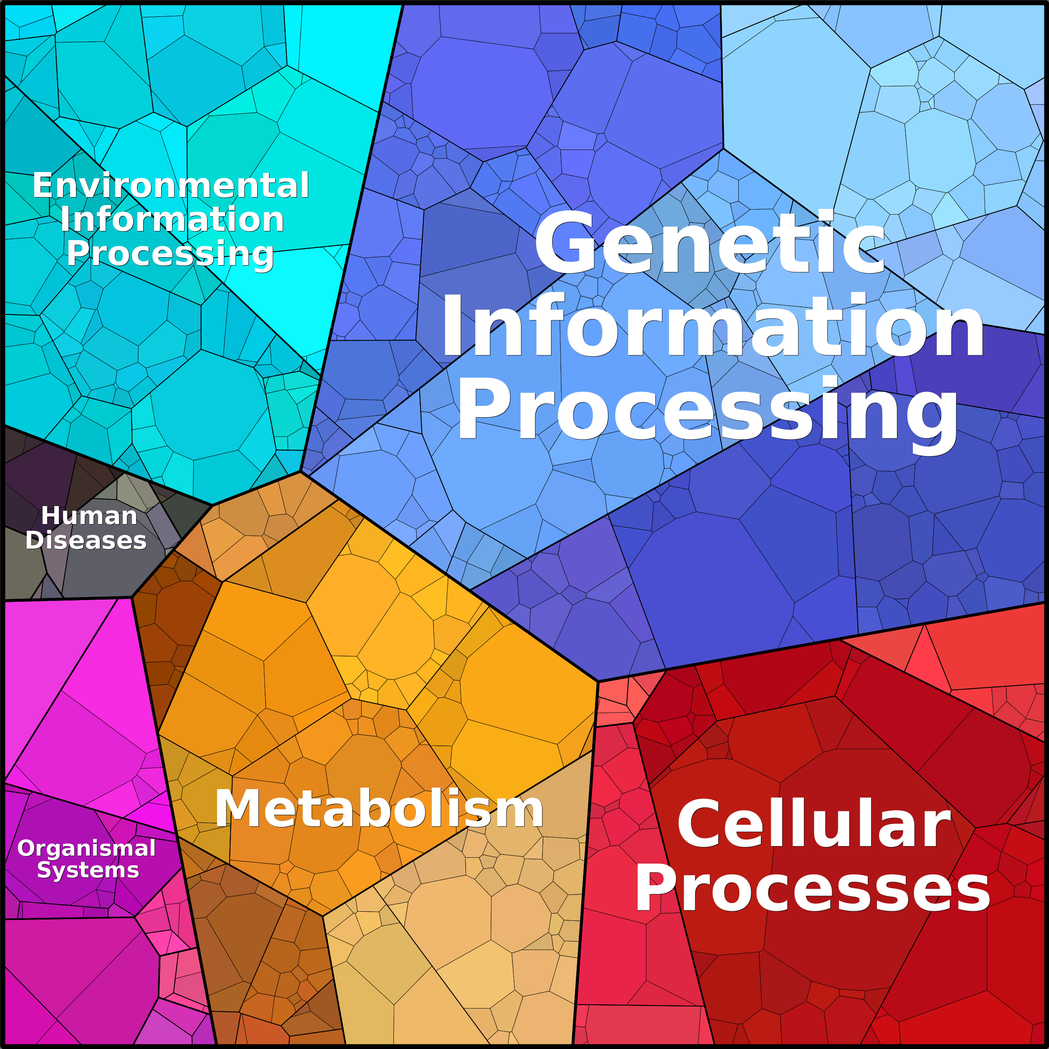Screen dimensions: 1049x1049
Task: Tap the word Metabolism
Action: (379, 809)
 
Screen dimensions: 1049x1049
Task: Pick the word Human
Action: (89, 516)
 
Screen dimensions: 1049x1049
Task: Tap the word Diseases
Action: (86, 540)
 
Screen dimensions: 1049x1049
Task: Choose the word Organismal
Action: (87, 849)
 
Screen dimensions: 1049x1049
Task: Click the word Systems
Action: (88, 870)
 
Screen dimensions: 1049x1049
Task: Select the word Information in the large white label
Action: (712, 326)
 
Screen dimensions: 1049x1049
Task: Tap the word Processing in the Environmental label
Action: (170, 253)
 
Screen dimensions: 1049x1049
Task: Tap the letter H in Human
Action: (51, 516)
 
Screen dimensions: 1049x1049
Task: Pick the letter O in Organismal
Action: (27, 849)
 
